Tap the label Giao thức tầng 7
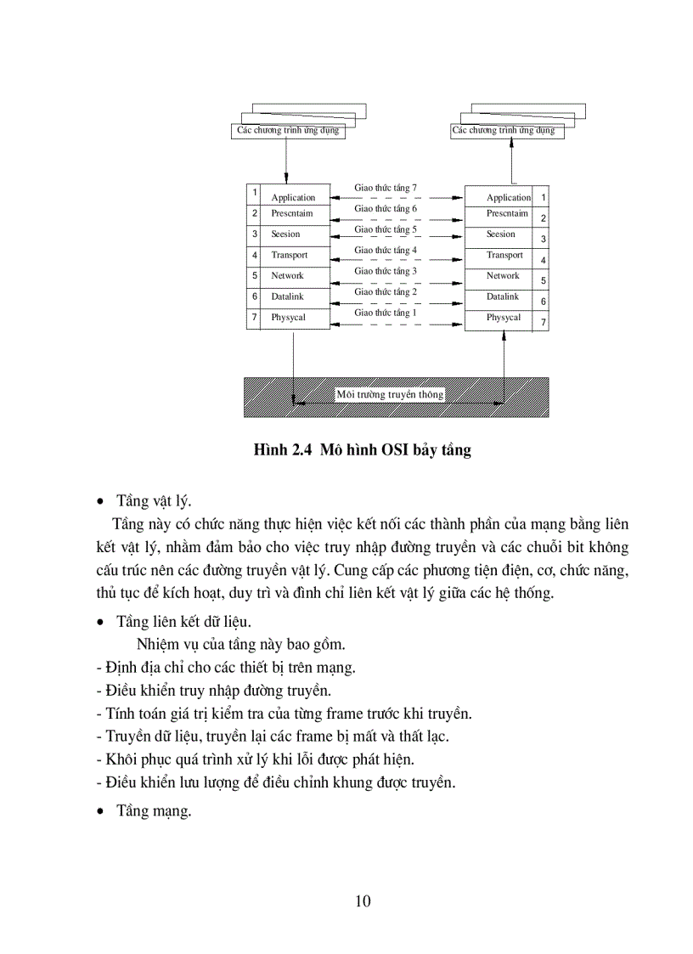386,188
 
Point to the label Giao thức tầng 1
386,313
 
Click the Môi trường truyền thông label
390,395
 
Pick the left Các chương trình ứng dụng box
290,131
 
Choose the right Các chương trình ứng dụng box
504,131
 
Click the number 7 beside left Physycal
254,318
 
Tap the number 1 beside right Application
543,197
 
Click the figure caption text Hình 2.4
284,451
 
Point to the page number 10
363,901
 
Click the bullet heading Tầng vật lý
154,500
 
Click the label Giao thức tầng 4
386,251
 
